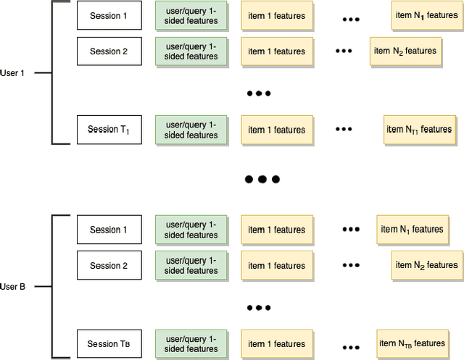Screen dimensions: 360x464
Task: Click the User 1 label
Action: point(13,72)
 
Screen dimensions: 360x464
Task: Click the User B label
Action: point(13,287)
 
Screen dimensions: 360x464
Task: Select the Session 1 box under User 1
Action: point(109,16)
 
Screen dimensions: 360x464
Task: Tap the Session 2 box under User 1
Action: point(109,51)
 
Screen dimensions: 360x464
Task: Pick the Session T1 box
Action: point(109,130)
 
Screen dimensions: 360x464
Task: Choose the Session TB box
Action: point(109,343)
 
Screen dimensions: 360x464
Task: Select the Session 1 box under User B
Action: point(109,230)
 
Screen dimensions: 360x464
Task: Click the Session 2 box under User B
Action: point(109,266)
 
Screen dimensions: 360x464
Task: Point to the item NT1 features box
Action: point(419,130)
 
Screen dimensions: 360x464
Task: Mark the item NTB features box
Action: point(412,343)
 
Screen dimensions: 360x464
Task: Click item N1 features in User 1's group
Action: point(426,16)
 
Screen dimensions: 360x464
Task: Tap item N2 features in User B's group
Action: point(426,266)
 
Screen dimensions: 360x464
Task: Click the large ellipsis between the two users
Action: point(262,179)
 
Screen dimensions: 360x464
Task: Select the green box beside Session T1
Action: point(191,130)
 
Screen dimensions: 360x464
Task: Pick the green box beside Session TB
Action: point(191,343)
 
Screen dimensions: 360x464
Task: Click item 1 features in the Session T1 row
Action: point(276,130)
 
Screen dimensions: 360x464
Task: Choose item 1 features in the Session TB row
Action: point(276,343)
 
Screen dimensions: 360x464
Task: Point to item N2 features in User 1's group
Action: point(405,51)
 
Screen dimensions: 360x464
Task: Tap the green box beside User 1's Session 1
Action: point(191,16)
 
